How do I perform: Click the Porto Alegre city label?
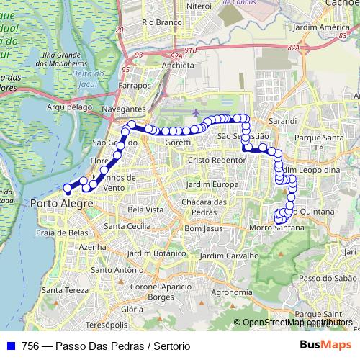[x=63, y=204]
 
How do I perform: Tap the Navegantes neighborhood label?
[x=123, y=109]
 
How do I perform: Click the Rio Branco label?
[x=161, y=22]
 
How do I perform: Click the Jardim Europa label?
[x=211, y=184]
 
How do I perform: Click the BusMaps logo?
[x=325, y=345]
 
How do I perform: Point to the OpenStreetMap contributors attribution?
[x=297, y=322]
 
